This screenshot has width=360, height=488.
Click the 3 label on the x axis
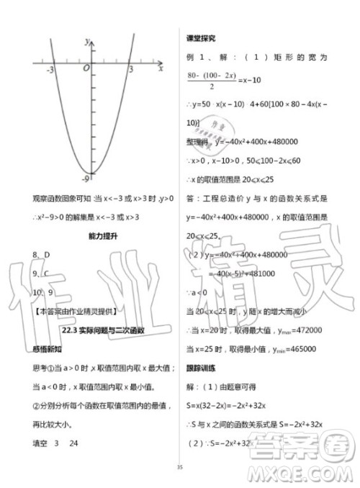[x=131, y=71]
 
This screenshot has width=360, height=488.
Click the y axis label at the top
[x=86, y=41]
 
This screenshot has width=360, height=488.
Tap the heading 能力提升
[x=94, y=236]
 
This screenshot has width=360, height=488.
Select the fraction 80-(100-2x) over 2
[x=215, y=81]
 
